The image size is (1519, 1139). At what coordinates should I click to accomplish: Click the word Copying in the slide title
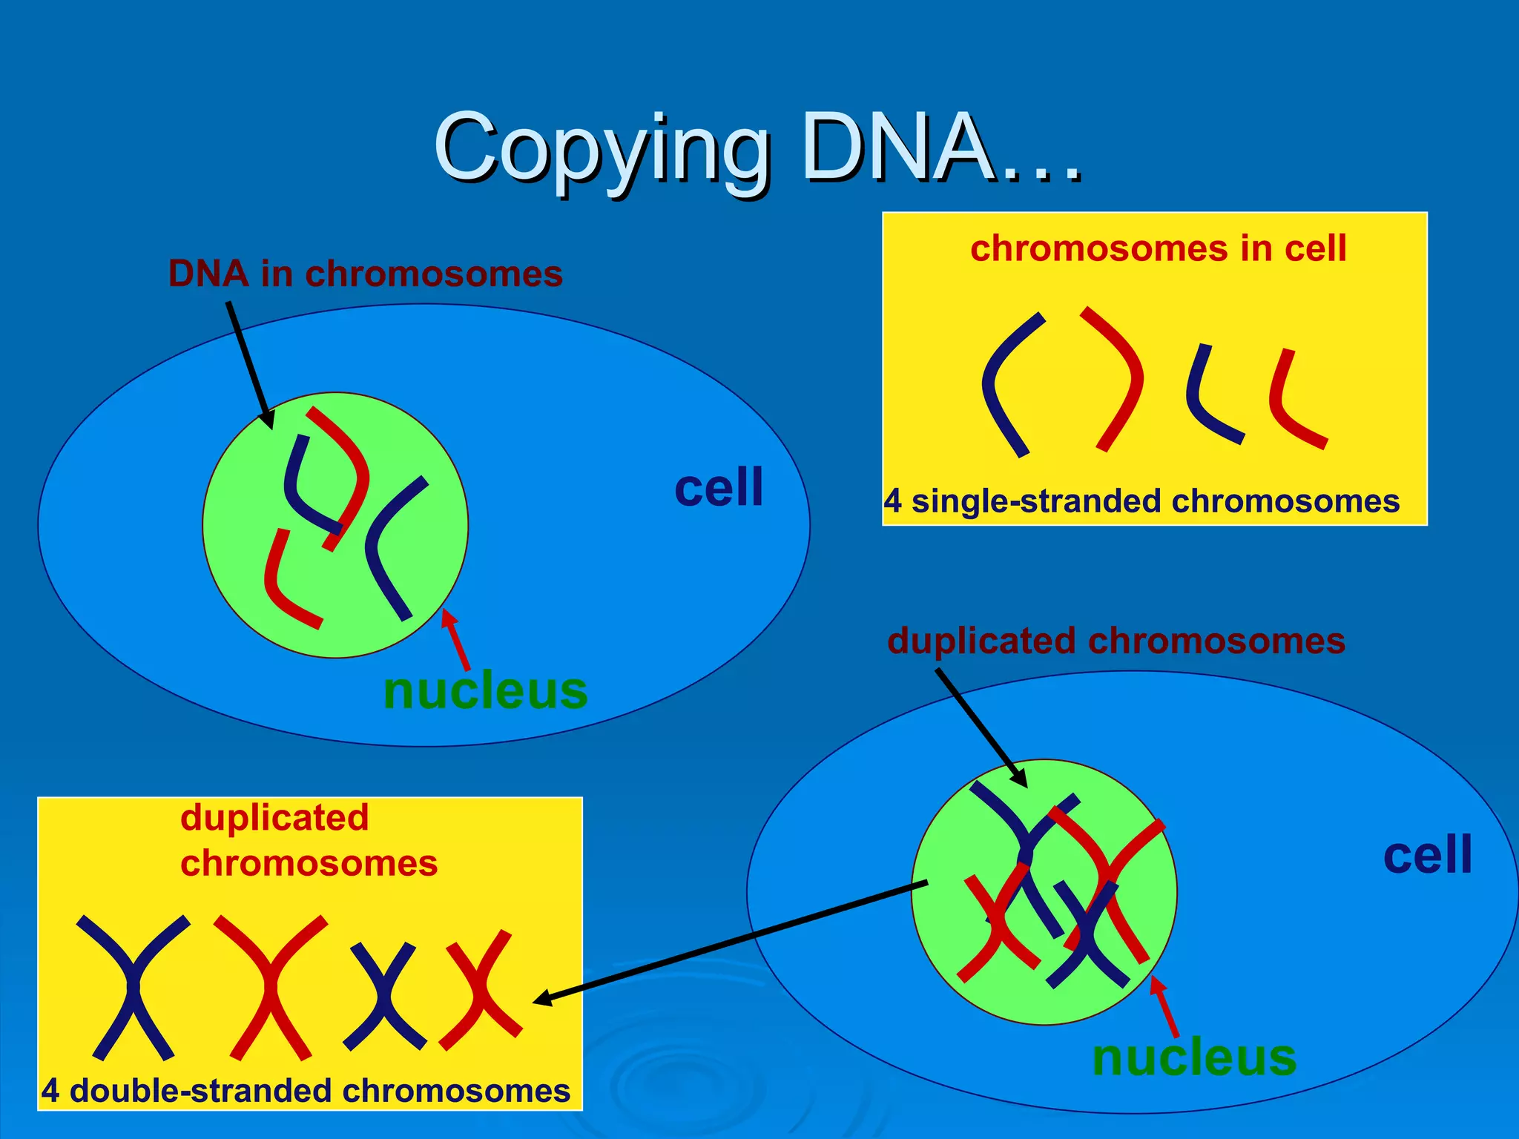(x=601, y=148)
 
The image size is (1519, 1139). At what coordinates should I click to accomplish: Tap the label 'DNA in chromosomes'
(x=365, y=274)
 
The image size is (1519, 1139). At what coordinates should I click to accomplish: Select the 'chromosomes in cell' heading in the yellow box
(x=1158, y=248)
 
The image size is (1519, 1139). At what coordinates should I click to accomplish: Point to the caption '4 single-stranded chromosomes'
(x=1141, y=501)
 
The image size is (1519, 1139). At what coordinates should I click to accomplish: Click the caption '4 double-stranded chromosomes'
(x=306, y=1091)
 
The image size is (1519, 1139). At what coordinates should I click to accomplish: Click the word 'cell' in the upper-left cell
(x=718, y=488)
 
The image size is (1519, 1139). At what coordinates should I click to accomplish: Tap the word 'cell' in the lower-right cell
(x=1427, y=854)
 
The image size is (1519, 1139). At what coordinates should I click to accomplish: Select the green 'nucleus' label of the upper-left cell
(x=485, y=690)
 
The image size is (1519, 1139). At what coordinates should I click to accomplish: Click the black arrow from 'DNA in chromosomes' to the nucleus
(x=249, y=363)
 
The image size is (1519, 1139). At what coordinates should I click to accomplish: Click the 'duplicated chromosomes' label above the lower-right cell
(x=1116, y=641)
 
